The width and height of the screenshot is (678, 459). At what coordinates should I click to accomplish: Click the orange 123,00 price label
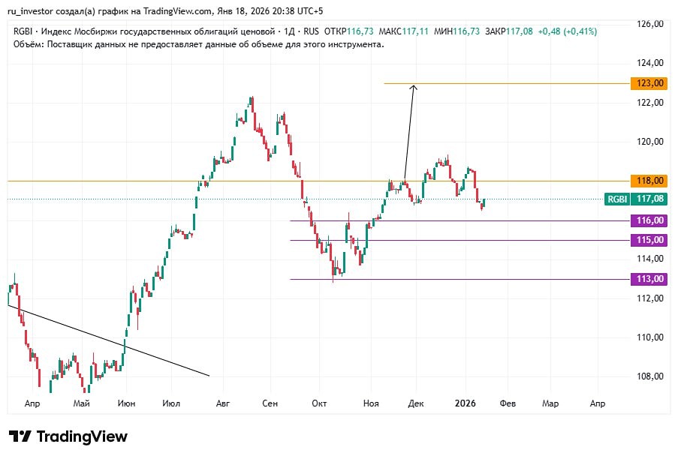649,82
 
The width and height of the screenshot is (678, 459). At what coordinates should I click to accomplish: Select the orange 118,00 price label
649,181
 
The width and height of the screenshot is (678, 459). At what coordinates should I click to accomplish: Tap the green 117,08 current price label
649,199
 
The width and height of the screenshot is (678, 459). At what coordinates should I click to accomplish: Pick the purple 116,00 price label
649,220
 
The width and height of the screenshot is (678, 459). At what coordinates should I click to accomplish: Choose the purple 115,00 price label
649,240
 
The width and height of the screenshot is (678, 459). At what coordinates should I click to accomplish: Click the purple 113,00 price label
649,279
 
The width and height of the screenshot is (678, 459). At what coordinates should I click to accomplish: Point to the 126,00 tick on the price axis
649,24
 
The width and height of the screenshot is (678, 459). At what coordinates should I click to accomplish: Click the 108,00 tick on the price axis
649,376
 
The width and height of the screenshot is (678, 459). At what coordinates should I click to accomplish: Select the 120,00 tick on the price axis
649,142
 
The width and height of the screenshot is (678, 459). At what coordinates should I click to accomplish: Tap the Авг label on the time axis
222,403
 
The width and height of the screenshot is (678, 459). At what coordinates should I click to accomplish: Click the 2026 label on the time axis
466,403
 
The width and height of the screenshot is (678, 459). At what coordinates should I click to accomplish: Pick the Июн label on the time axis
127,403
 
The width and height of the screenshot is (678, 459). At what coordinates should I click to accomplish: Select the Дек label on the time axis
416,403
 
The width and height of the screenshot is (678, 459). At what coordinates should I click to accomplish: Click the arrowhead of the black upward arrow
413,88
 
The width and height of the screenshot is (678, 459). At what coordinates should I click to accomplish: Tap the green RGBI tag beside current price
617,199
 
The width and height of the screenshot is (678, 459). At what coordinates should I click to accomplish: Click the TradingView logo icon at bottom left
20,436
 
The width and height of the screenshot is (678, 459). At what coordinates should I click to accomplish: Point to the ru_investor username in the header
35,10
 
